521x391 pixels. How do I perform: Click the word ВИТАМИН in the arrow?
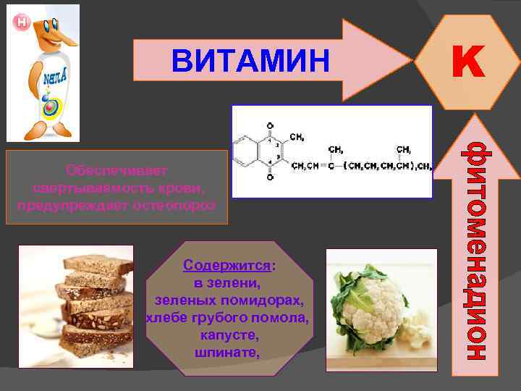(x=250, y=62)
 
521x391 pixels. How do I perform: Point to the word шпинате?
(x=226, y=353)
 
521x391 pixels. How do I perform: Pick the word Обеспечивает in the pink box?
(x=116, y=171)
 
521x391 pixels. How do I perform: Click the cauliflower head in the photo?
(x=373, y=300)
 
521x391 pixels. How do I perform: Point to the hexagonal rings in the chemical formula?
(x=260, y=154)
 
